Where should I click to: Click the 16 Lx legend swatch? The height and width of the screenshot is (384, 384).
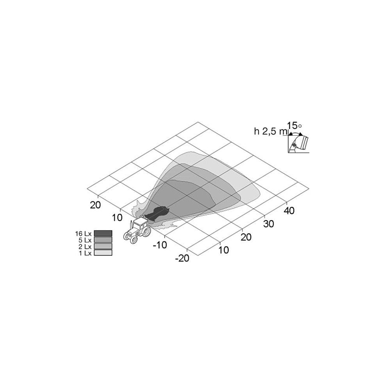[103, 233]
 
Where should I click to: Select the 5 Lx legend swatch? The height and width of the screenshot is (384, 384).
[103, 240]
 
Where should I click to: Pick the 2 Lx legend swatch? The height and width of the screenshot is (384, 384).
[103, 246]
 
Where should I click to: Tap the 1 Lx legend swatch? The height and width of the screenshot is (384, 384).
[103, 253]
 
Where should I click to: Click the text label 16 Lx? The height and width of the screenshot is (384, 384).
[83, 233]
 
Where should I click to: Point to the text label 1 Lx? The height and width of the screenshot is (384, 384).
[85, 253]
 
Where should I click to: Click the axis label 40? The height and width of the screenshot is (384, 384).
[289, 211]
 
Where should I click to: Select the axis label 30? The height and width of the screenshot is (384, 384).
[268, 224]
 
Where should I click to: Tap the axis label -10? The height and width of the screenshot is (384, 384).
[160, 244]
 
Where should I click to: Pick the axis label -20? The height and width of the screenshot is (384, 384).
[182, 258]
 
